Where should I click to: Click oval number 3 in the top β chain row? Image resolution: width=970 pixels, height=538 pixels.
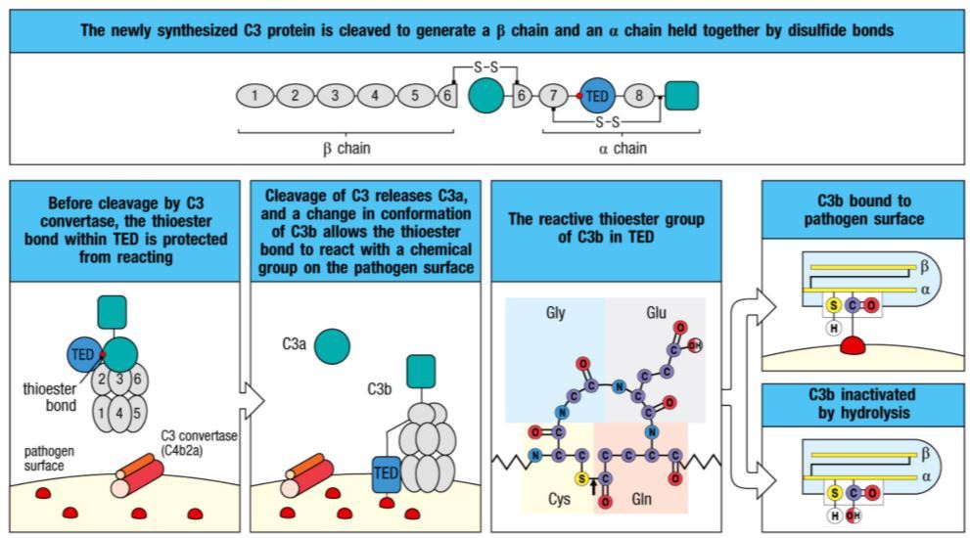coord(335,96)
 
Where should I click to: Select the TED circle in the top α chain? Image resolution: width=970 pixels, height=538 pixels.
coord(597,96)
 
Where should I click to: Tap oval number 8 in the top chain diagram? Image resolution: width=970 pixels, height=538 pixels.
coord(639,96)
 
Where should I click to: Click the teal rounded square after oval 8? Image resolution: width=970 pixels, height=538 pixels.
coord(681,95)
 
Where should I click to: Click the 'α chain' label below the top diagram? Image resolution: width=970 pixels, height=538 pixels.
coord(622,149)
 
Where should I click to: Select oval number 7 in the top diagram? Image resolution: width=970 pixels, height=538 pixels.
coord(554,96)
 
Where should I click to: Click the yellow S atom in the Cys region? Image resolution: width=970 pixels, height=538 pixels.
coord(580,478)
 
